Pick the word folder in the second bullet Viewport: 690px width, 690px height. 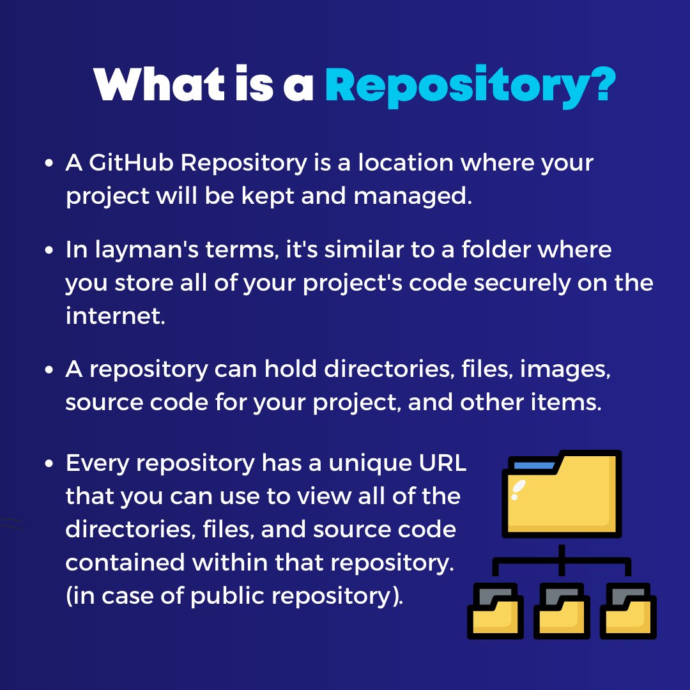[492, 250]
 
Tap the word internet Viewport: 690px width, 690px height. [115, 316]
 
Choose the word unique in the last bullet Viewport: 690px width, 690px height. [363, 464]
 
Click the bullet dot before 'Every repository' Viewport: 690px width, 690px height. [49, 464]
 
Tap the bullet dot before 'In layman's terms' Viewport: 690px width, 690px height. [49, 250]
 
